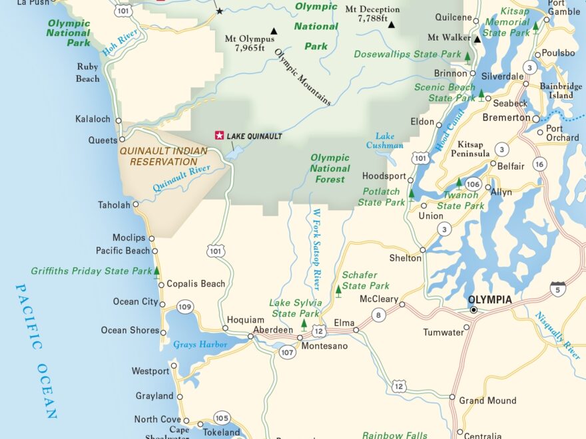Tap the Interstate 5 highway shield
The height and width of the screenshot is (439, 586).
pyautogui.click(x=558, y=288)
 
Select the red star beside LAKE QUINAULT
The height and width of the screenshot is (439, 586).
pyautogui.click(x=219, y=135)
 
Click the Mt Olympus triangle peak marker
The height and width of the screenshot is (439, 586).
pyautogui.click(x=273, y=31)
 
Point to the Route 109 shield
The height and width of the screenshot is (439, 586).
pyautogui.click(x=186, y=307)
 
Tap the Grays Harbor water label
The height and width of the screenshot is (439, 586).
pyautogui.click(x=200, y=345)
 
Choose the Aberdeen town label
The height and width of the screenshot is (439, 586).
pyautogui.click(x=273, y=331)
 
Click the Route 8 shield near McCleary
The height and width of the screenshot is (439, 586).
pyautogui.click(x=379, y=315)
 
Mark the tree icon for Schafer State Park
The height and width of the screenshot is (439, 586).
pyautogui.click(x=338, y=289)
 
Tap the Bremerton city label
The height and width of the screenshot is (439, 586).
pyautogui.click(x=507, y=118)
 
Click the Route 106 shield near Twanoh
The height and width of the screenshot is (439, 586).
pyautogui.click(x=473, y=184)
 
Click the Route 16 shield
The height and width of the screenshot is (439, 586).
pyautogui.click(x=539, y=164)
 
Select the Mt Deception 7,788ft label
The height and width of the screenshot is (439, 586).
pyautogui.click(x=373, y=14)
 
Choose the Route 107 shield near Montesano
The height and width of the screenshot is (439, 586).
pyautogui.click(x=288, y=352)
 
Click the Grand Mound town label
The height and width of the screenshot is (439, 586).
pyautogui.click(x=487, y=400)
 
